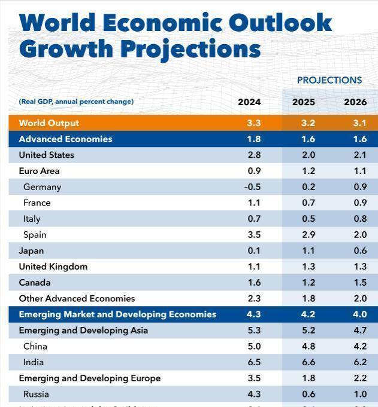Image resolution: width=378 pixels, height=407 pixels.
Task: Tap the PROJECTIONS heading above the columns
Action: (x=329, y=80)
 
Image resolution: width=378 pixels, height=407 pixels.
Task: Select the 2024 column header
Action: (x=249, y=102)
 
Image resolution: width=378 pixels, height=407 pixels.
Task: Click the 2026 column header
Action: (x=355, y=102)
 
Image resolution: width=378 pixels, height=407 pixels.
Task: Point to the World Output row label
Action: (x=49, y=123)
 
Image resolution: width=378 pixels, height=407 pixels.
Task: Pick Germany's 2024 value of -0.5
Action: (x=252, y=187)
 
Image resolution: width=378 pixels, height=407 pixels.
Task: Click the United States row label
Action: (x=46, y=155)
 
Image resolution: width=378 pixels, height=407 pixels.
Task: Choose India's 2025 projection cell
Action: (x=303, y=362)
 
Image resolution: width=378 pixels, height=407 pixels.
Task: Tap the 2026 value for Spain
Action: (x=359, y=235)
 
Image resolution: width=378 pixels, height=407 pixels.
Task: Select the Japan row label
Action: (x=31, y=251)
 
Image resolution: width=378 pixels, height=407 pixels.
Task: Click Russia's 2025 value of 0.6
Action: (x=303, y=394)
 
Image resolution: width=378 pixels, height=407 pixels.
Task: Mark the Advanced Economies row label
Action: (x=65, y=139)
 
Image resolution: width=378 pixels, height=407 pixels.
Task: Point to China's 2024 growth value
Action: (x=254, y=347)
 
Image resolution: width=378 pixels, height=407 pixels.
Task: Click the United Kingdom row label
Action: (x=53, y=267)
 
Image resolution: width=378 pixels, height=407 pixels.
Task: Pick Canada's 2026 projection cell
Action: (x=359, y=283)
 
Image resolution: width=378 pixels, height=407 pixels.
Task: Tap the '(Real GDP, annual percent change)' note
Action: (x=76, y=102)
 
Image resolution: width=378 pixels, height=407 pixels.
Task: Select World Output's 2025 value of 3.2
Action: (x=303, y=123)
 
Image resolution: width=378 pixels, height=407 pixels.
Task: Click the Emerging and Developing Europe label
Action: (x=89, y=378)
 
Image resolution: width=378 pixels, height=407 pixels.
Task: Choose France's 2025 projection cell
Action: (x=303, y=203)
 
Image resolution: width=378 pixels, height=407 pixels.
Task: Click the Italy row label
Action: (x=32, y=219)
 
